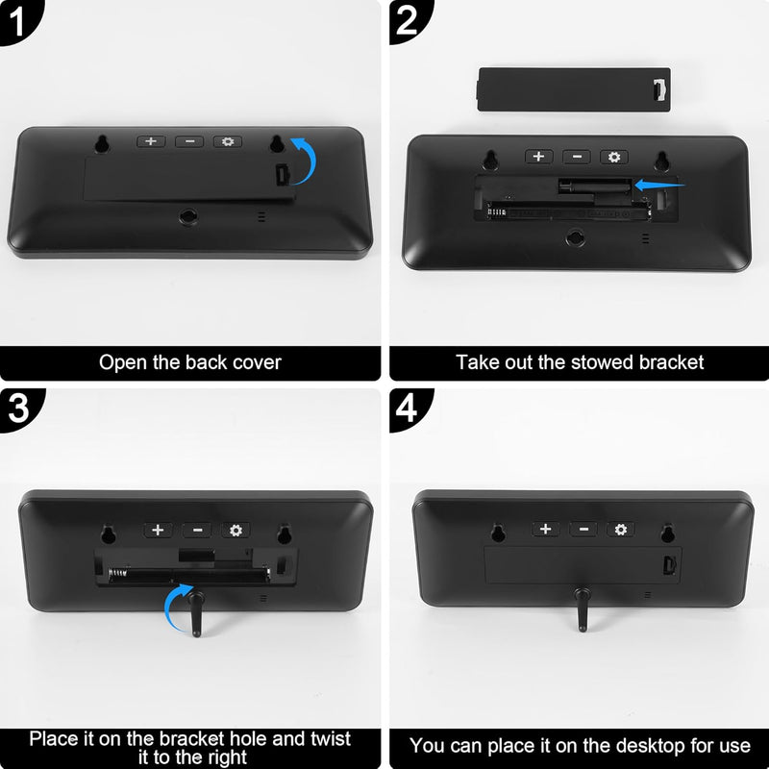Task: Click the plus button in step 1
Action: coord(151,141)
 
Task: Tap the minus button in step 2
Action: coord(577,157)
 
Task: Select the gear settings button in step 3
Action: coord(236,531)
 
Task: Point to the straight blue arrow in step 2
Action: coord(659,185)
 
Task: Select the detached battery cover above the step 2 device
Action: coord(574,89)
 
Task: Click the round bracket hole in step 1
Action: coord(188,216)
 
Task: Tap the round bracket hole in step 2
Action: coord(575,238)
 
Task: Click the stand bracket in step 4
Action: coord(583,609)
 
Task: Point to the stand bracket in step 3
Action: coord(196,614)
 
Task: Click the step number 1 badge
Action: coord(16,20)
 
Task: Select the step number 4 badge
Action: coord(407,408)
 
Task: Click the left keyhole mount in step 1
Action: coord(102,143)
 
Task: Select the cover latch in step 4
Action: coord(670,565)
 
